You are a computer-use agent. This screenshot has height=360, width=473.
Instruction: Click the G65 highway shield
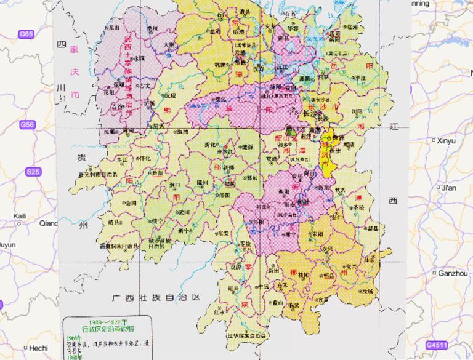[x=26, y=34]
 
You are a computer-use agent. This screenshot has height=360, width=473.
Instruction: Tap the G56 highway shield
[x=26, y=125]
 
